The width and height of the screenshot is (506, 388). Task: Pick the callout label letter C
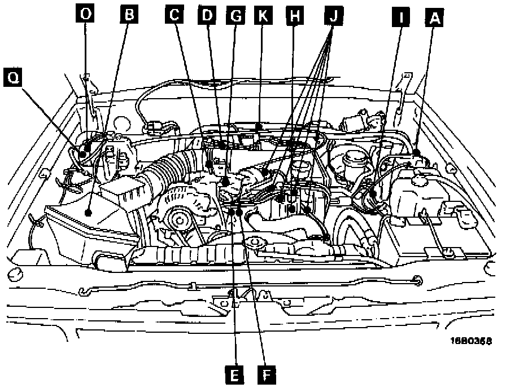tap(176, 16)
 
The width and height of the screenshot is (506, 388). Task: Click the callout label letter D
tap(208, 16)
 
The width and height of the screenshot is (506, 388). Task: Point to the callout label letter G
tap(235, 16)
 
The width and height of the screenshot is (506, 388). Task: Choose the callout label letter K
tap(263, 16)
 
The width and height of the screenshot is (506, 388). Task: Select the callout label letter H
tap(293, 16)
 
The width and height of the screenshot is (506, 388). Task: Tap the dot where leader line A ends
tap(416, 153)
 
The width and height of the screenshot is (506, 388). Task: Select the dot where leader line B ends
tap(89, 212)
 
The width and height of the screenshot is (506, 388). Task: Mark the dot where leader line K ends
tap(258, 126)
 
